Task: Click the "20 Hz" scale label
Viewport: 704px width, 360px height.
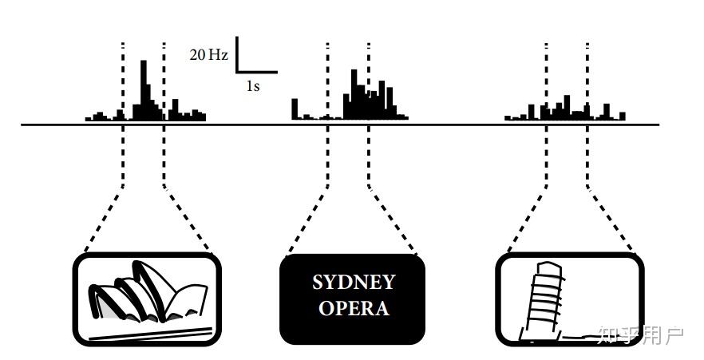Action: [208, 55]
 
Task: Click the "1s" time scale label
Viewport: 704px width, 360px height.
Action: [252, 85]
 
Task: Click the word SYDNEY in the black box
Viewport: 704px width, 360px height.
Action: [353, 282]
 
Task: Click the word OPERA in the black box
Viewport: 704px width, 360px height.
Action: [353, 307]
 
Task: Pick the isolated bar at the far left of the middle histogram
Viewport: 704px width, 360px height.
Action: [295, 109]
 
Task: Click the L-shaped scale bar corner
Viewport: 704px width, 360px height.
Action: [237, 73]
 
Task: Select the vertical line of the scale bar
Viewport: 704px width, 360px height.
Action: [237, 54]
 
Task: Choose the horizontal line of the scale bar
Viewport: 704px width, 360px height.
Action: [257, 73]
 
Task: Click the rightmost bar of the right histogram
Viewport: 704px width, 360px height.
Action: [622, 116]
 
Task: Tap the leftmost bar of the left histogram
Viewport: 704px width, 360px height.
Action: [89, 119]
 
